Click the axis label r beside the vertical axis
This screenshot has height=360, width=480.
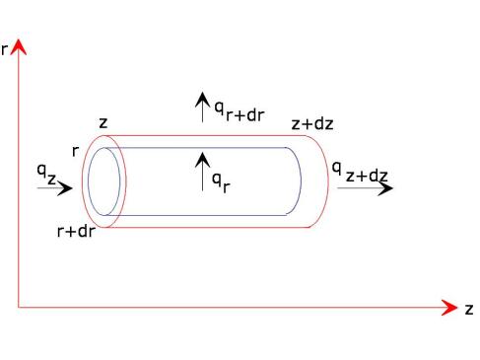click(4, 50)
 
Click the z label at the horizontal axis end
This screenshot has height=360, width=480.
click(469, 310)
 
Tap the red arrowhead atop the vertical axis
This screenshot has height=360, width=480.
click(19, 47)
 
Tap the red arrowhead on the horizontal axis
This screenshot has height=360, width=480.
click(449, 308)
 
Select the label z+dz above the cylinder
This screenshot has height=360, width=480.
click(312, 124)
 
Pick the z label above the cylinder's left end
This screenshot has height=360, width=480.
click(103, 123)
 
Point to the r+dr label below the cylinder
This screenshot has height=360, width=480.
click(76, 231)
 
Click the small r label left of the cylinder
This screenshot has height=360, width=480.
click(76, 151)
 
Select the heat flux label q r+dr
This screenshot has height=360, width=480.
click(240, 111)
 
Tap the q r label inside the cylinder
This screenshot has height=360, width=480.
click(221, 182)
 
